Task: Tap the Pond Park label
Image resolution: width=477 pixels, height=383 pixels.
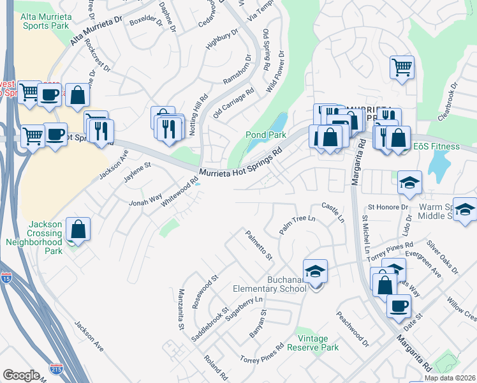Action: [266, 135]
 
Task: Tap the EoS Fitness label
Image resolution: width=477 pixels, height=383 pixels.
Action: [436, 146]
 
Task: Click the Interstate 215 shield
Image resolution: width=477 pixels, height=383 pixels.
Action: [56, 368]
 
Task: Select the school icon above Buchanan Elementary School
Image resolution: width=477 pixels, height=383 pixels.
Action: [315, 272]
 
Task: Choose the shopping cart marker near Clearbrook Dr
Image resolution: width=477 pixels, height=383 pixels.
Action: [402, 66]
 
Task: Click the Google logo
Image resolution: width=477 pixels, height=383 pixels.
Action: [21, 375]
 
